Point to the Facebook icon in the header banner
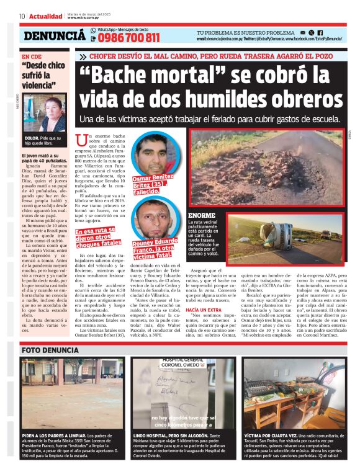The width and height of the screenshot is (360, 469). click(320, 32)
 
